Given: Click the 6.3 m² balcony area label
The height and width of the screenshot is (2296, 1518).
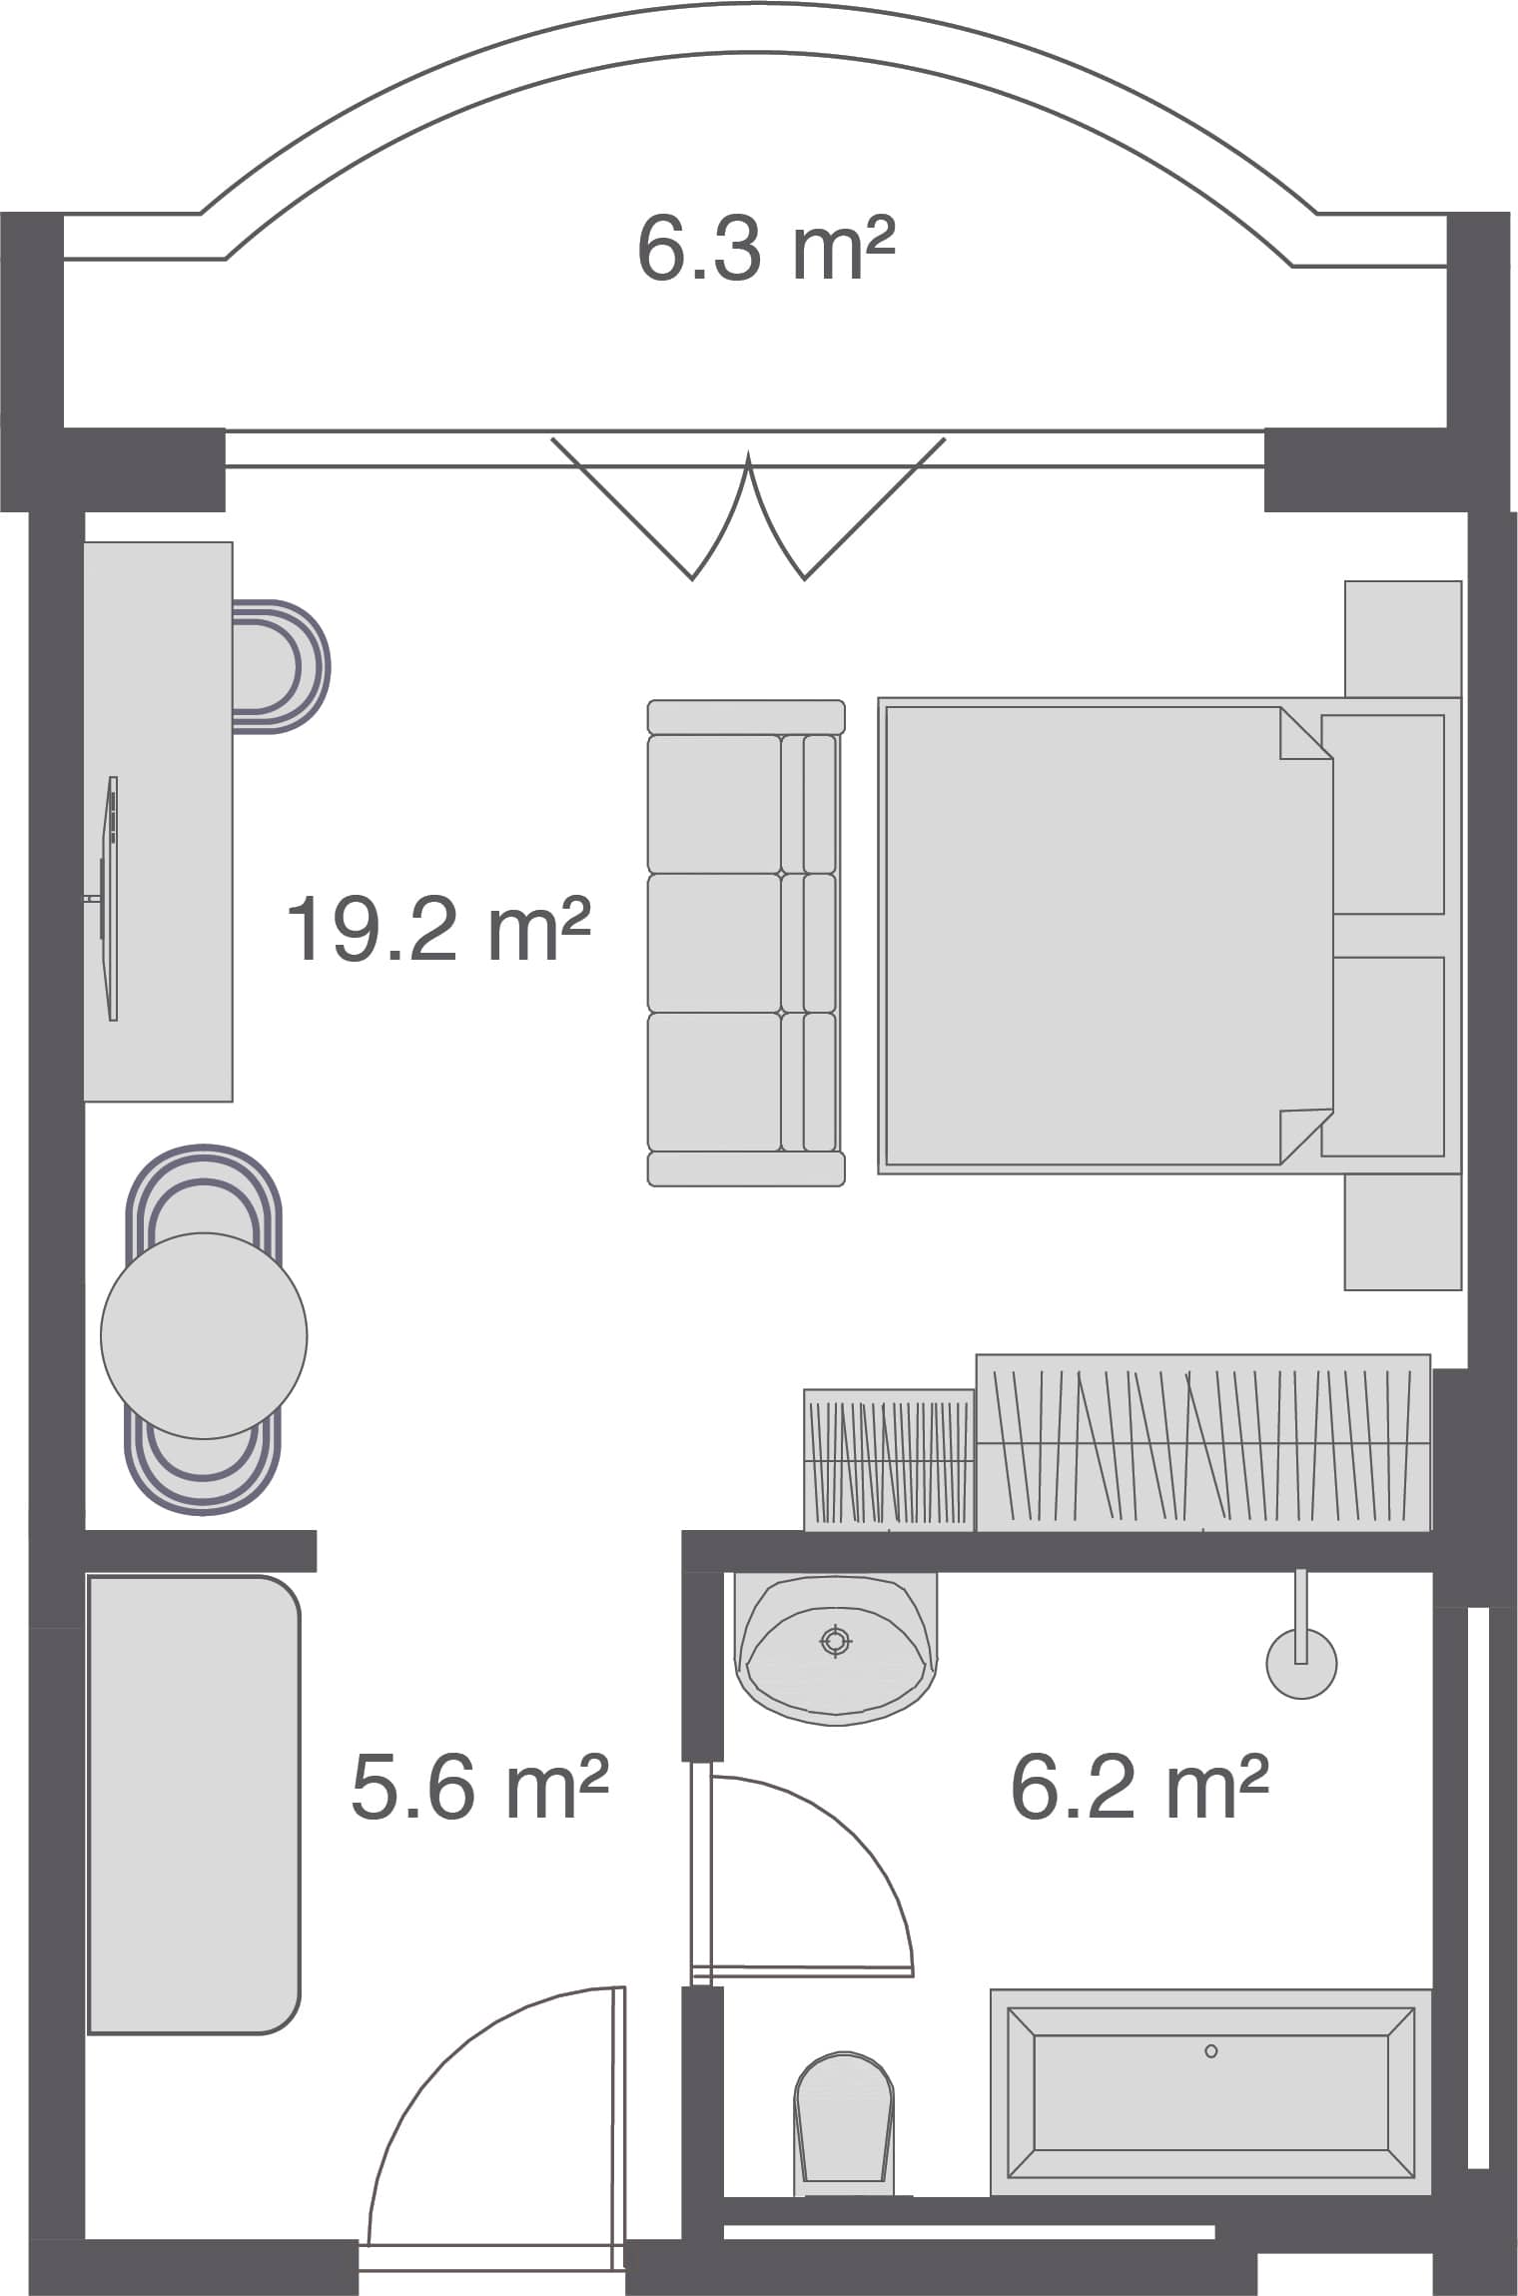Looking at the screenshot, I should coord(765,250).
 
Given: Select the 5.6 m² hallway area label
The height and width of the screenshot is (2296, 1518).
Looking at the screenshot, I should coord(479,1787).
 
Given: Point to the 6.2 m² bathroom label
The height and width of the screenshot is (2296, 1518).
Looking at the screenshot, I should coord(1138,1787).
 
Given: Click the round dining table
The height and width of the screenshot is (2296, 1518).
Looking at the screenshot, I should coord(204,1335).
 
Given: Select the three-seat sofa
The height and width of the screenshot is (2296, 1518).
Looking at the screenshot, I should coord(745,943).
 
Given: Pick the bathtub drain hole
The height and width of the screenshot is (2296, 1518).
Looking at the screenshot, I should coord(1210,2051).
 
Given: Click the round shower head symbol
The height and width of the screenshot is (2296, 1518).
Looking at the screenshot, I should coord(1300,1664).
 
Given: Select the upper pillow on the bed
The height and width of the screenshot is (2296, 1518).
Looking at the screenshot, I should coord(1383,814).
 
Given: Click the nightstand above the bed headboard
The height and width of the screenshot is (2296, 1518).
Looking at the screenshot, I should coord(1402,639).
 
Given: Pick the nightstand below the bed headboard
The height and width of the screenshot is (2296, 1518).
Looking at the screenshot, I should coord(1402,1232).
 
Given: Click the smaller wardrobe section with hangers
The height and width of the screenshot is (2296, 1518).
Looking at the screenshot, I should coord(888,1459).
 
